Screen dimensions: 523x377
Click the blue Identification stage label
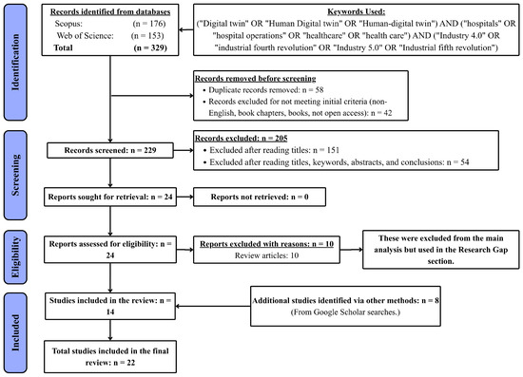click(x=15, y=63)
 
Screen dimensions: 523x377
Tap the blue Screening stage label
click(x=15, y=175)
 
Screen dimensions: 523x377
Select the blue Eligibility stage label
click(x=15, y=256)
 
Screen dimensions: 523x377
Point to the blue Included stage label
click(x=15, y=332)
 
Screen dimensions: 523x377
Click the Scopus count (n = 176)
click(x=149, y=24)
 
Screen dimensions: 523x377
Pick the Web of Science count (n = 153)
click(x=147, y=36)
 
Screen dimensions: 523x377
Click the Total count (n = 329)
click(x=150, y=47)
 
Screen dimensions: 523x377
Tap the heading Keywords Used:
click(x=357, y=11)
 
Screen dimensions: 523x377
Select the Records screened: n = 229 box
click(x=110, y=150)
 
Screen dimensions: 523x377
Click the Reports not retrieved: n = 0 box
click(x=260, y=197)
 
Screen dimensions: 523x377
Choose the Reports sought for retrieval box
click(x=110, y=197)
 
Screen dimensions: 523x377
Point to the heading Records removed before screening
click(x=255, y=79)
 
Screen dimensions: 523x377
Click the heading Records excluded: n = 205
click(x=242, y=139)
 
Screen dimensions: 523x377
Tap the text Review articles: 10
click(x=266, y=255)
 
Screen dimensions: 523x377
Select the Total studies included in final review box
click(x=110, y=356)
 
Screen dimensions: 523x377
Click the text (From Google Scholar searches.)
click(x=345, y=312)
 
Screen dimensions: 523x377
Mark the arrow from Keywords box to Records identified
click(x=186, y=30)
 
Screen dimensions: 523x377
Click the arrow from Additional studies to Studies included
click(x=213, y=306)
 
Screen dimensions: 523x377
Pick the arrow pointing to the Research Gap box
click(x=352, y=249)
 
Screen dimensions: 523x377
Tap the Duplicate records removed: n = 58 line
click(x=266, y=90)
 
